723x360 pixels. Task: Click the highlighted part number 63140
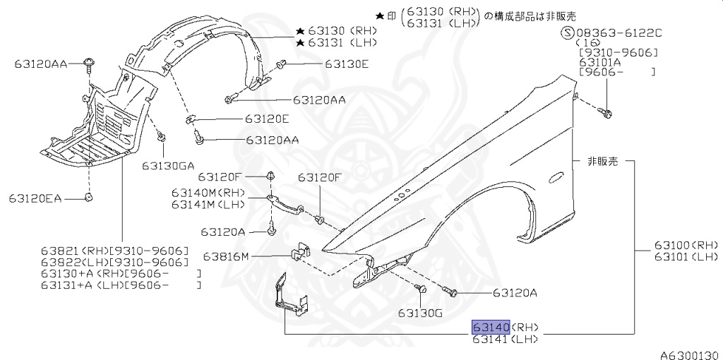(491, 327)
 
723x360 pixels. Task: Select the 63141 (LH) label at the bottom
(506, 340)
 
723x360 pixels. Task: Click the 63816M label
(225, 256)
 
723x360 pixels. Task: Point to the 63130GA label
(167, 166)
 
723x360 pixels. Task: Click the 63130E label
(347, 64)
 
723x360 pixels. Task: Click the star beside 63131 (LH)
(300, 43)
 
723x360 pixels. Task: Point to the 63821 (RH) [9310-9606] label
(114, 251)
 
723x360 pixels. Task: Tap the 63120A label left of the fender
(222, 232)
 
